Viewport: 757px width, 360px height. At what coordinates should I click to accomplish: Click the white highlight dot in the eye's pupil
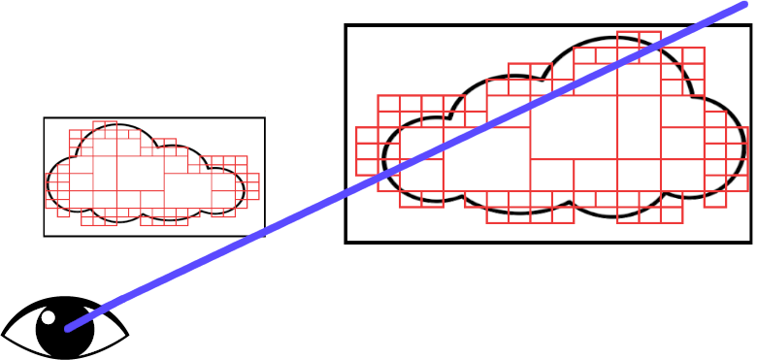(49, 317)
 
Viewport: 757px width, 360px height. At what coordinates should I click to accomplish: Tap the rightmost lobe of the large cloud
(723, 146)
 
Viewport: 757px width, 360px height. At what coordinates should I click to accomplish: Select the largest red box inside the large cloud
(573, 127)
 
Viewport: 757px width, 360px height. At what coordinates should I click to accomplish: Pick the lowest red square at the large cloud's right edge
(715, 198)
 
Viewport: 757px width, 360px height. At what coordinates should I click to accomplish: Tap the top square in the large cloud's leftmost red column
(367, 137)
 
